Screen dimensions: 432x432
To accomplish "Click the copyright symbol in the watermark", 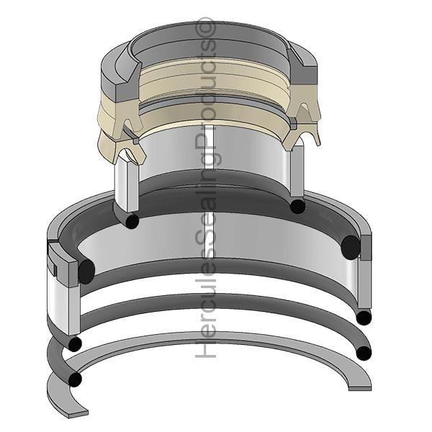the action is (x=205, y=27).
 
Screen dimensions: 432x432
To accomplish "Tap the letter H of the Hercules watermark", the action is (x=205, y=348).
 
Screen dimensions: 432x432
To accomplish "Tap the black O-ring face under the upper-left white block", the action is (x=132, y=220).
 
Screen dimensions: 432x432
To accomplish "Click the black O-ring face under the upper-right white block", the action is (x=297, y=206).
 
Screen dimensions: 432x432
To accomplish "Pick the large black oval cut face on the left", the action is (x=86, y=271).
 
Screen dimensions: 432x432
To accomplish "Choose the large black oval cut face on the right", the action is (x=351, y=248).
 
